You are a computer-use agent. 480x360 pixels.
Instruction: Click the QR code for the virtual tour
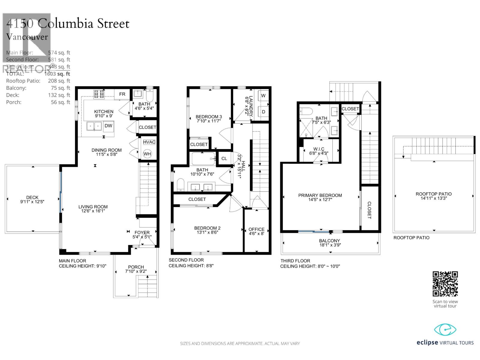(445, 284)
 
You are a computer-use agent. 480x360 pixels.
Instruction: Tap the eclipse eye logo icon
(445, 330)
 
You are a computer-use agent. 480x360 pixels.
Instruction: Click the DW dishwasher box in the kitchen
(109, 126)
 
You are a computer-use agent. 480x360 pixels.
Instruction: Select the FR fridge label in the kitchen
(122, 94)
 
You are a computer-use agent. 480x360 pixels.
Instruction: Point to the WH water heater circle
(147, 154)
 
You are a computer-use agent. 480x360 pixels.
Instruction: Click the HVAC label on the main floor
(149, 142)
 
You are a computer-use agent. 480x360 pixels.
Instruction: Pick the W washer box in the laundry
(263, 96)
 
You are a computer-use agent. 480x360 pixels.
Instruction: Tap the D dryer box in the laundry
(263, 112)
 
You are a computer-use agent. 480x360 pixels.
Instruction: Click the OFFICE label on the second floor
(256, 229)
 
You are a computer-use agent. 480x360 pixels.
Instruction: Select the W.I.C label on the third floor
(319, 149)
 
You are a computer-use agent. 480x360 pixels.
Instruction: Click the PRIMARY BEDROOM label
(320, 195)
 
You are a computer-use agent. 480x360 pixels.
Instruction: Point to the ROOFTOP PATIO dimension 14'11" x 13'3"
(434, 198)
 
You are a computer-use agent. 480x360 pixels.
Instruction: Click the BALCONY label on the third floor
(330, 241)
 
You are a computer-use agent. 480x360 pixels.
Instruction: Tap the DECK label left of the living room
(32, 197)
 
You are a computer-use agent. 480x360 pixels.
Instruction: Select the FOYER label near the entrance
(142, 232)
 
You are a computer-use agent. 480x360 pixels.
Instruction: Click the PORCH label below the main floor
(136, 267)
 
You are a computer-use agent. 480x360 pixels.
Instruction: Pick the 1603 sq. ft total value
(57, 74)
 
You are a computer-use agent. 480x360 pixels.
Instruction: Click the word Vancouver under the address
(27, 37)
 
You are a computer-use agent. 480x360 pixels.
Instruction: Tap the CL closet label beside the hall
(224, 158)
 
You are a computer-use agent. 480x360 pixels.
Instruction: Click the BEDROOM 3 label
(209, 117)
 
